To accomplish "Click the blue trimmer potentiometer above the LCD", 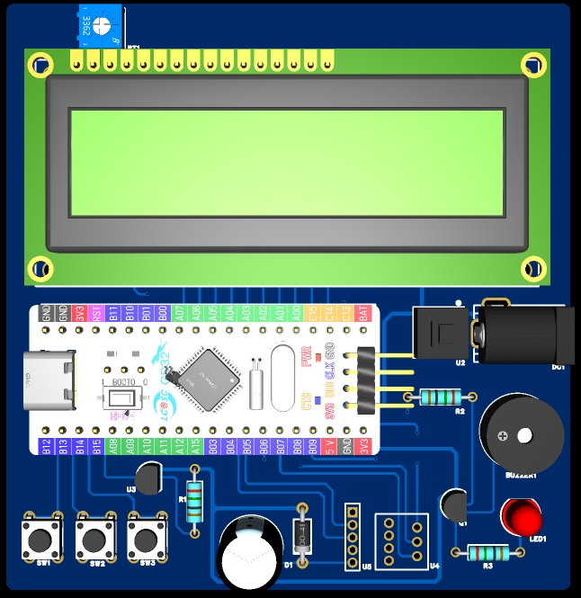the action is click(99, 27).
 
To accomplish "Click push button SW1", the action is click(40, 539).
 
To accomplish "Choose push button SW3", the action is click(146, 539).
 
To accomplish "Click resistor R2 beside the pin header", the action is click(440, 397).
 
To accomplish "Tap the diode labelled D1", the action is click(302, 537).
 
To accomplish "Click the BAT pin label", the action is click(363, 314).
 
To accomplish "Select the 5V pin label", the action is click(330, 445).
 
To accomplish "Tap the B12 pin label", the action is click(47, 445).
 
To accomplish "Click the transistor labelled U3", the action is click(148, 476).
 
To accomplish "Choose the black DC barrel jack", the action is click(520, 335).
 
